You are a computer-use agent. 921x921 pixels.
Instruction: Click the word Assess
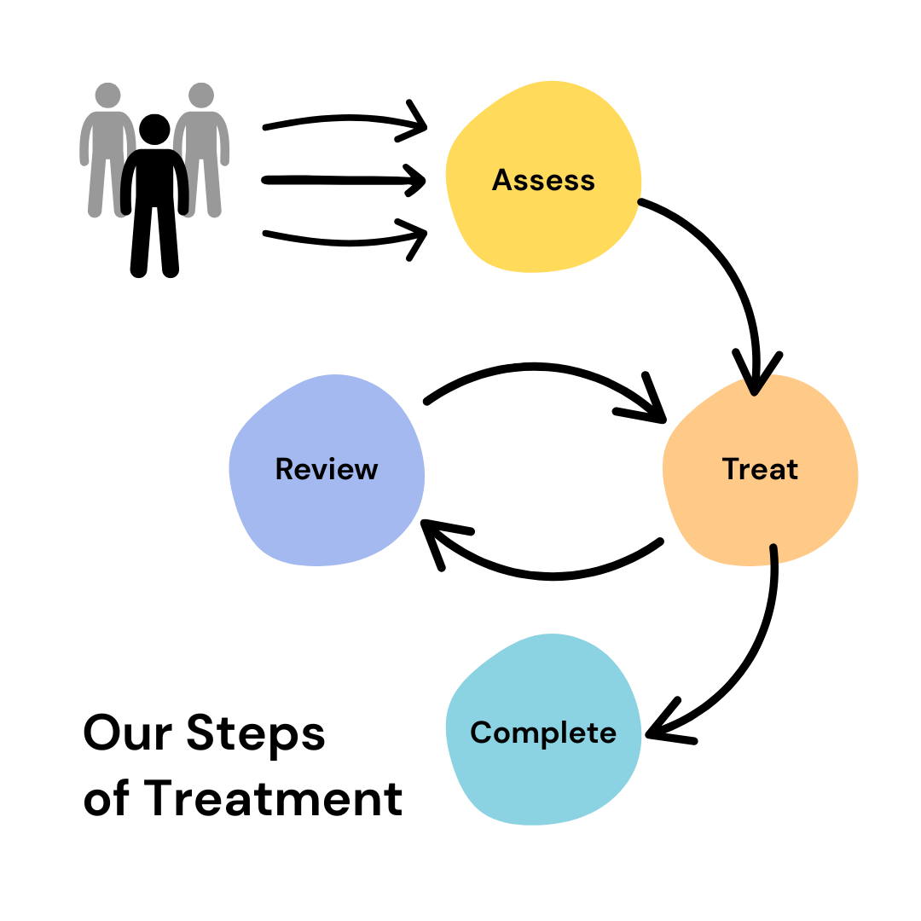pos(543,180)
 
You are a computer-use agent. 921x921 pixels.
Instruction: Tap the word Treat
pos(760,469)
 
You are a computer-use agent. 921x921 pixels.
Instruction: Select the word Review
pos(327,469)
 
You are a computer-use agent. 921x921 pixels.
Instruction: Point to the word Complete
pos(543,733)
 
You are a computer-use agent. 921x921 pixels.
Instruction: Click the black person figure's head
pos(154,130)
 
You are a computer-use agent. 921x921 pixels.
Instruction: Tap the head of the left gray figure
pos(108,96)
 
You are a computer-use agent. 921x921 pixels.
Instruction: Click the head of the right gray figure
pos(201,96)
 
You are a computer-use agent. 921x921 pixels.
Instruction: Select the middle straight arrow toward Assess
pos(344,180)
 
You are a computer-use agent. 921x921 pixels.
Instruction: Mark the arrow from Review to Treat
pos(535,367)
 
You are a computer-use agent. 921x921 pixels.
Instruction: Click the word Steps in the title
pos(256,733)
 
